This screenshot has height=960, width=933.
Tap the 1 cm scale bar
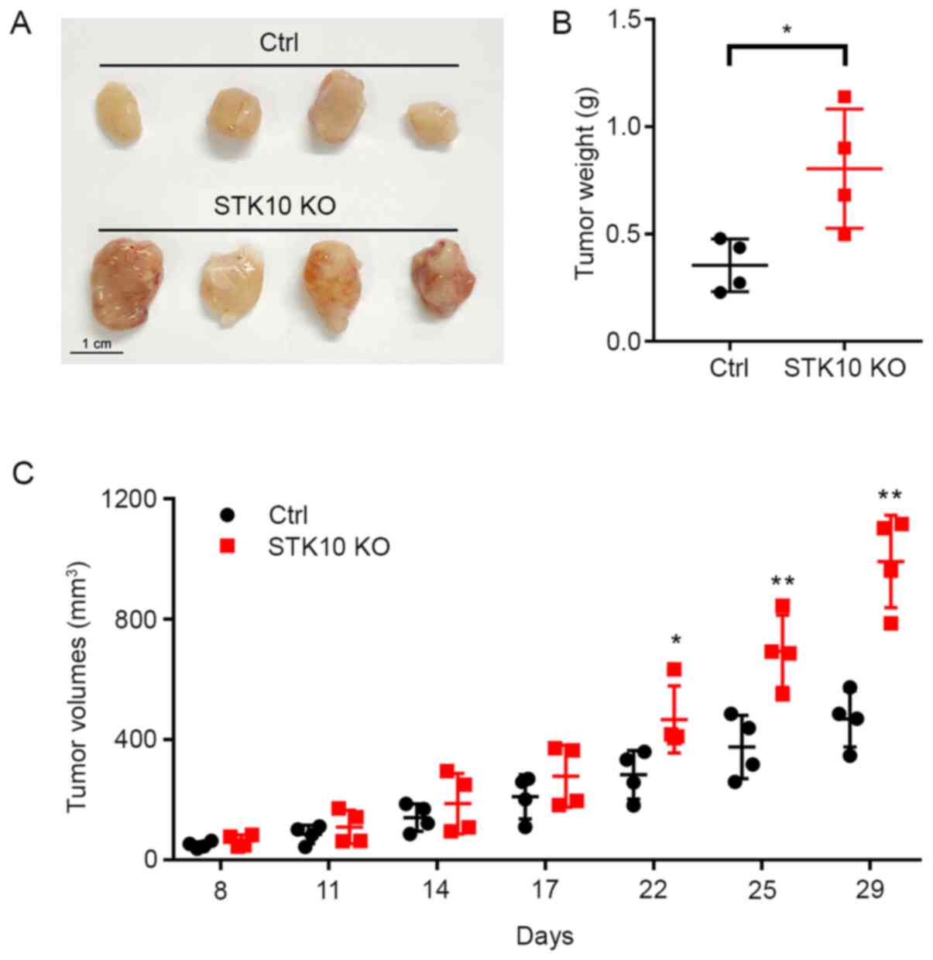(x=97, y=352)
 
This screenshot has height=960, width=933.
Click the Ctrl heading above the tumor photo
(x=279, y=43)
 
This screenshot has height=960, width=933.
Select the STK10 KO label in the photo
(x=276, y=207)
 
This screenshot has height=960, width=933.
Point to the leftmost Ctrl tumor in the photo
(x=118, y=112)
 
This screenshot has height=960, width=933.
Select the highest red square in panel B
(x=844, y=97)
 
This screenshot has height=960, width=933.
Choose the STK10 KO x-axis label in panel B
(x=844, y=368)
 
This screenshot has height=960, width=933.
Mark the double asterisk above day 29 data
(x=890, y=495)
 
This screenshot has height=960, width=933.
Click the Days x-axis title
(x=545, y=936)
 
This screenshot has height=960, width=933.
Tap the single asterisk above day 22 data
(x=676, y=640)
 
